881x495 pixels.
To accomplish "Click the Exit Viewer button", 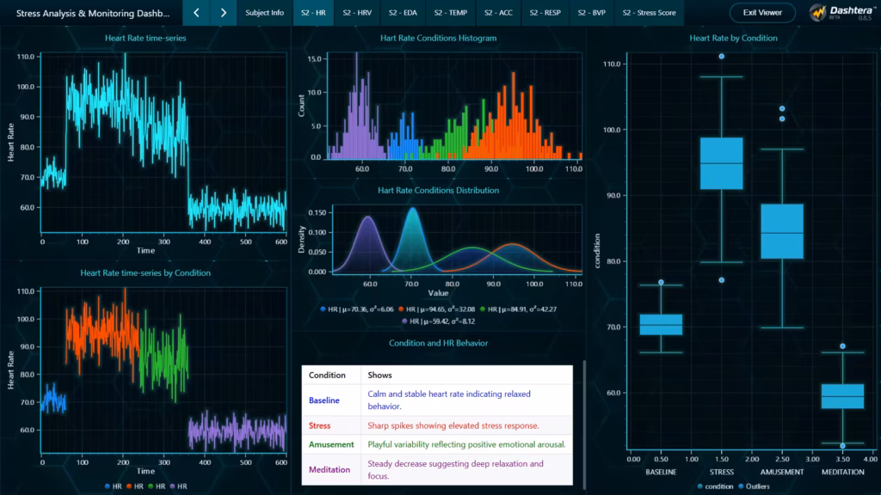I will click(x=762, y=13).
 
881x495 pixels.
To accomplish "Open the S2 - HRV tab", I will click(x=356, y=13).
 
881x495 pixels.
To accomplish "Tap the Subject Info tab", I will click(x=264, y=13).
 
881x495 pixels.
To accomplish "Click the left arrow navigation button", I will click(x=197, y=13).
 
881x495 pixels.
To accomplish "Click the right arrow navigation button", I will click(x=224, y=13).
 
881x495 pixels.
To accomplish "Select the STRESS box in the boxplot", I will click(x=721, y=163).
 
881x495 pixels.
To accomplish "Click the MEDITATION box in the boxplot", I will click(x=842, y=396).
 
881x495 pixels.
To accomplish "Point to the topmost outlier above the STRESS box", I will click(x=721, y=57).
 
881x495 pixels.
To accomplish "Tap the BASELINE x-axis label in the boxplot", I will click(x=661, y=472).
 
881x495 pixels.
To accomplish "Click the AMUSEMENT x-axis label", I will click(x=782, y=472).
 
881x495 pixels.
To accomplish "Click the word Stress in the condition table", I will click(x=320, y=425).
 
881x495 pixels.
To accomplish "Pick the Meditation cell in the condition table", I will click(x=331, y=469).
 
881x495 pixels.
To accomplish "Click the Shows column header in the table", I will click(x=379, y=375).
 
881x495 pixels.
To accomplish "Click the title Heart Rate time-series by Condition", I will click(x=145, y=272).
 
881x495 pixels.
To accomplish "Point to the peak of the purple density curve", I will click(x=369, y=217).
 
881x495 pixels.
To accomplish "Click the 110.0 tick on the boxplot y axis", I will click(x=612, y=64).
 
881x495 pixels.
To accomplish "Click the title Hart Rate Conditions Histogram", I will click(x=438, y=39).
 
